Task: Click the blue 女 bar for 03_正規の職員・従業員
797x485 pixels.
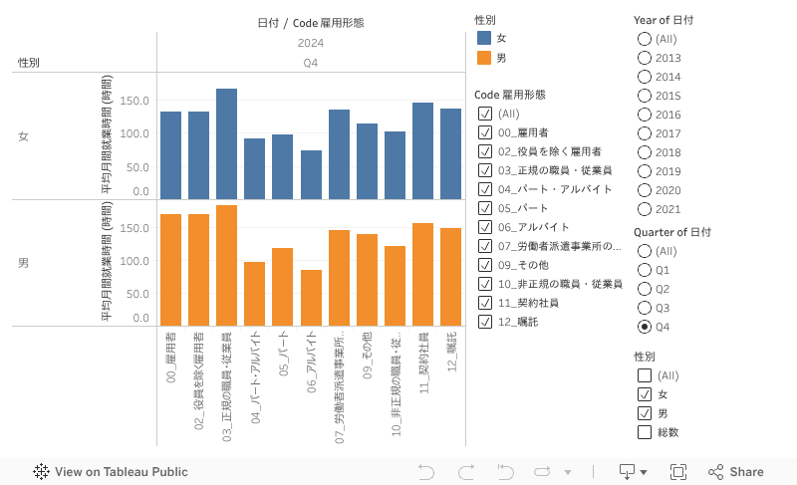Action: pyautogui.click(x=226, y=143)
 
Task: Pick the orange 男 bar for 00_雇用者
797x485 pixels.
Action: pyautogui.click(x=170, y=269)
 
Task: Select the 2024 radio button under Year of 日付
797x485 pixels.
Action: pyautogui.click(x=644, y=209)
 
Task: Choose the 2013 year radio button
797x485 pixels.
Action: pyautogui.click(x=644, y=58)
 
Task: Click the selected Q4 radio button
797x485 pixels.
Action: pyautogui.click(x=644, y=327)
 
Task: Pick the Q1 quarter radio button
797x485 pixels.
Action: pyautogui.click(x=644, y=270)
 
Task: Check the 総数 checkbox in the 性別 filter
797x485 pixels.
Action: pyautogui.click(x=644, y=432)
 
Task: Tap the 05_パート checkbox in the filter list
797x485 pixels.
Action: pyautogui.click(x=485, y=208)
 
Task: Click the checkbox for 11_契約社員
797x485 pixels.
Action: pyautogui.click(x=485, y=303)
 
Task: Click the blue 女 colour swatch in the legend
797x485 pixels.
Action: pyautogui.click(x=484, y=38)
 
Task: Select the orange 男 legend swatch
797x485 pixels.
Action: pyautogui.click(x=484, y=58)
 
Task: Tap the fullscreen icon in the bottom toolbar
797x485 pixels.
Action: pyautogui.click(x=678, y=472)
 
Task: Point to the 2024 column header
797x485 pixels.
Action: pyautogui.click(x=310, y=43)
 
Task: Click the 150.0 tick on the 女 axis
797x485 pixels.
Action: pyautogui.click(x=134, y=102)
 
